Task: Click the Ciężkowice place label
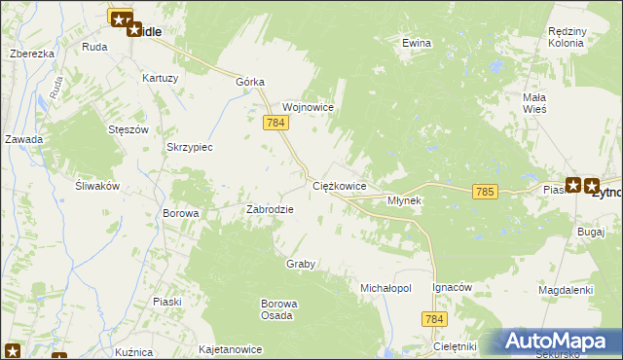(339, 185)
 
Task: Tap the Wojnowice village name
(308, 107)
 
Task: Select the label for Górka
(250, 83)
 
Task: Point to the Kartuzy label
(160, 78)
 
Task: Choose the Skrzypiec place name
(190, 147)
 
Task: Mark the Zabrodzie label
(270, 208)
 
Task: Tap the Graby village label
(301, 264)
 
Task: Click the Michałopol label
(386, 289)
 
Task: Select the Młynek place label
(404, 200)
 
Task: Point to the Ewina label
(417, 43)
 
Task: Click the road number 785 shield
(486, 193)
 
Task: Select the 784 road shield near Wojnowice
(275, 123)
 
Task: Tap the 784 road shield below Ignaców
(434, 319)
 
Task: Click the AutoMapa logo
(558, 342)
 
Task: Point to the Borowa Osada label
(277, 309)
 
